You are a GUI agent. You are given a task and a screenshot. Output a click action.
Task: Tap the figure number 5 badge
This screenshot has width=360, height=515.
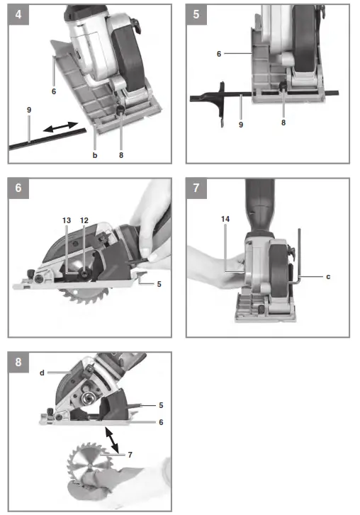[x=195, y=13]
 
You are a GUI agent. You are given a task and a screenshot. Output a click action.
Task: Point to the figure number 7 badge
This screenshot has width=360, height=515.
[x=195, y=188]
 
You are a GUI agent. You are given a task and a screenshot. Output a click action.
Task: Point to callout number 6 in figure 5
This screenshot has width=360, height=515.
[x=220, y=53]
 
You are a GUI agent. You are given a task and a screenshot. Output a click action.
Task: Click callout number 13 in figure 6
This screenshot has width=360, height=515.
[x=66, y=220]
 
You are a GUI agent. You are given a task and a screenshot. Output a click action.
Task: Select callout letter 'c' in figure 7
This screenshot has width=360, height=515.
[x=328, y=276]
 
